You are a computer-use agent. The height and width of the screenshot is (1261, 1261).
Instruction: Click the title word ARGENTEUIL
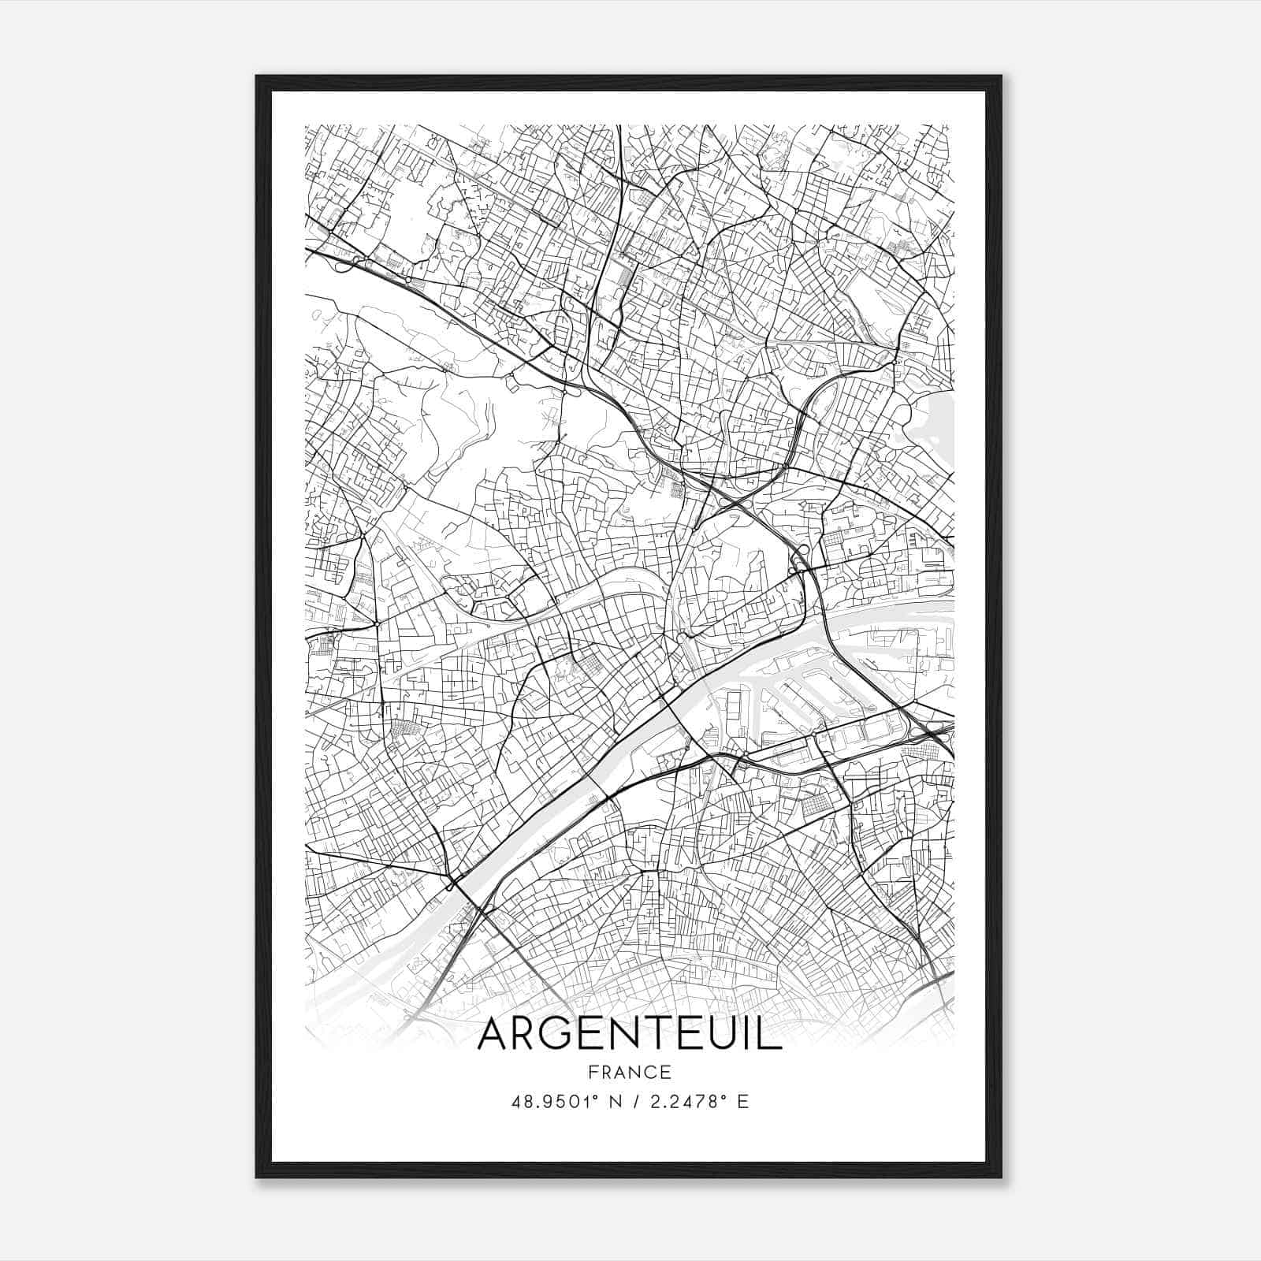pyautogui.click(x=629, y=1035)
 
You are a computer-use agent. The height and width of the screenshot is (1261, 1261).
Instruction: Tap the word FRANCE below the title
pyautogui.click(x=629, y=1072)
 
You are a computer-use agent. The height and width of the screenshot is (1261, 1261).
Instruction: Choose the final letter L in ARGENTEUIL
pyautogui.click(x=770, y=1035)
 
